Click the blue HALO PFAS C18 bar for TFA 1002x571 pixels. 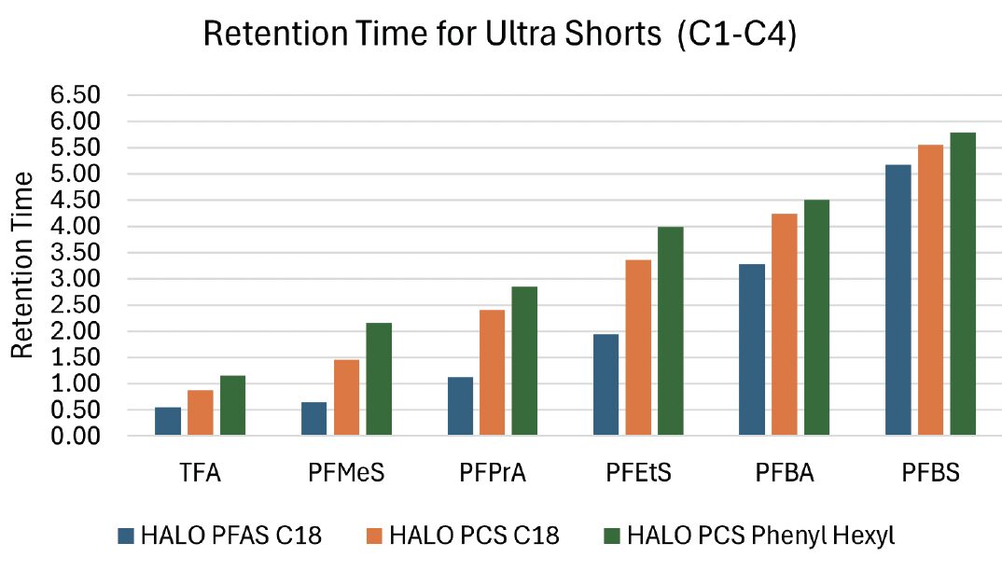(168, 422)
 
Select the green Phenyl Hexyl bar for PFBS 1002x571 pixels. (963, 285)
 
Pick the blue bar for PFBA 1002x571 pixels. (751, 350)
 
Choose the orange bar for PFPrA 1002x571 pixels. (493, 373)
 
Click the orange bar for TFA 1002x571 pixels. (201, 413)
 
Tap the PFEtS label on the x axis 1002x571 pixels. (638, 474)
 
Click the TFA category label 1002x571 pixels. (201, 474)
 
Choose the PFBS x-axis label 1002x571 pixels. (929, 474)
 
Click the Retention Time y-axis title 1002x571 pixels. (22, 266)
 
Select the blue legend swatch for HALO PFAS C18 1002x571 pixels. (126, 536)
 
